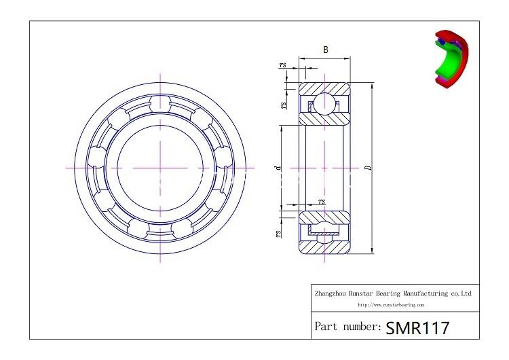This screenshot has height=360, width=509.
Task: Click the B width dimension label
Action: [326, 50]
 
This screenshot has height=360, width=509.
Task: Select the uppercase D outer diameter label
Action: [367, 168]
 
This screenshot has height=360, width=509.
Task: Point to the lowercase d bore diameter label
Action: [276, 167]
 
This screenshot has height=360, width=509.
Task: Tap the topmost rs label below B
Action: [282, 65]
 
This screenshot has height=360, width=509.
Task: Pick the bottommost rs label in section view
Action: [278, 233]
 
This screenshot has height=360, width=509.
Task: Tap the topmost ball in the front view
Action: [160, 103]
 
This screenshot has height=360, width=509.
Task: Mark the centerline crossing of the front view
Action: [160, 167]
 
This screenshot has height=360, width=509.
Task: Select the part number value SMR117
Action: [417, 327]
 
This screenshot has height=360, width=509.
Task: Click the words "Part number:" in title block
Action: [347, 327]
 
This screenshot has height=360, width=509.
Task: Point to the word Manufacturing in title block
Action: [421, 293]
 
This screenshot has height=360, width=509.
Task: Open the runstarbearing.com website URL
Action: [390, 306]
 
